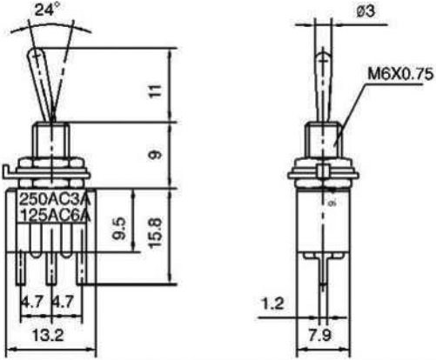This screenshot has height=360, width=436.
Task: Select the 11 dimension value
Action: pos(155,89)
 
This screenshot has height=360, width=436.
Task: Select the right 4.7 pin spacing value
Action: pos(62,302)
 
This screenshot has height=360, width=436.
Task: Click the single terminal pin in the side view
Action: pos(323,270)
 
